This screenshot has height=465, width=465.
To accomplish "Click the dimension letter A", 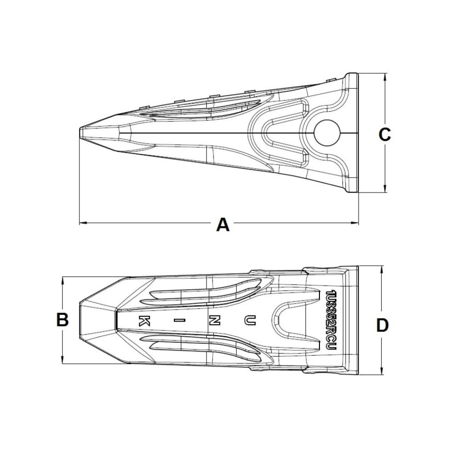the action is (x=223, y=224).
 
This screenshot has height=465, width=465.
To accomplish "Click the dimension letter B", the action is (x=62, y=319).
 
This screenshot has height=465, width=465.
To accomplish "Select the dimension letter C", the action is (x=385, y=134).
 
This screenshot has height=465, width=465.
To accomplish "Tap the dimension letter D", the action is (x=382, y=325).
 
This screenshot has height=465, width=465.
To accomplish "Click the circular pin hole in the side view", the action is (x=327, y=133).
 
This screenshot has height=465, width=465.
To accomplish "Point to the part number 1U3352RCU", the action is (x=331, y=319).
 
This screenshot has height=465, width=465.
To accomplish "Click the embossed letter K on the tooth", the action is (x=145, y=320).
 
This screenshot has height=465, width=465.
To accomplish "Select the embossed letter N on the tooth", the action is (x=214, y=320).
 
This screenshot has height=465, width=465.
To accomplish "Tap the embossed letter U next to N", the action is (x=250, y=320).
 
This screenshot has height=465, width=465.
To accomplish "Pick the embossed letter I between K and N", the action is (x=179, y=320).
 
